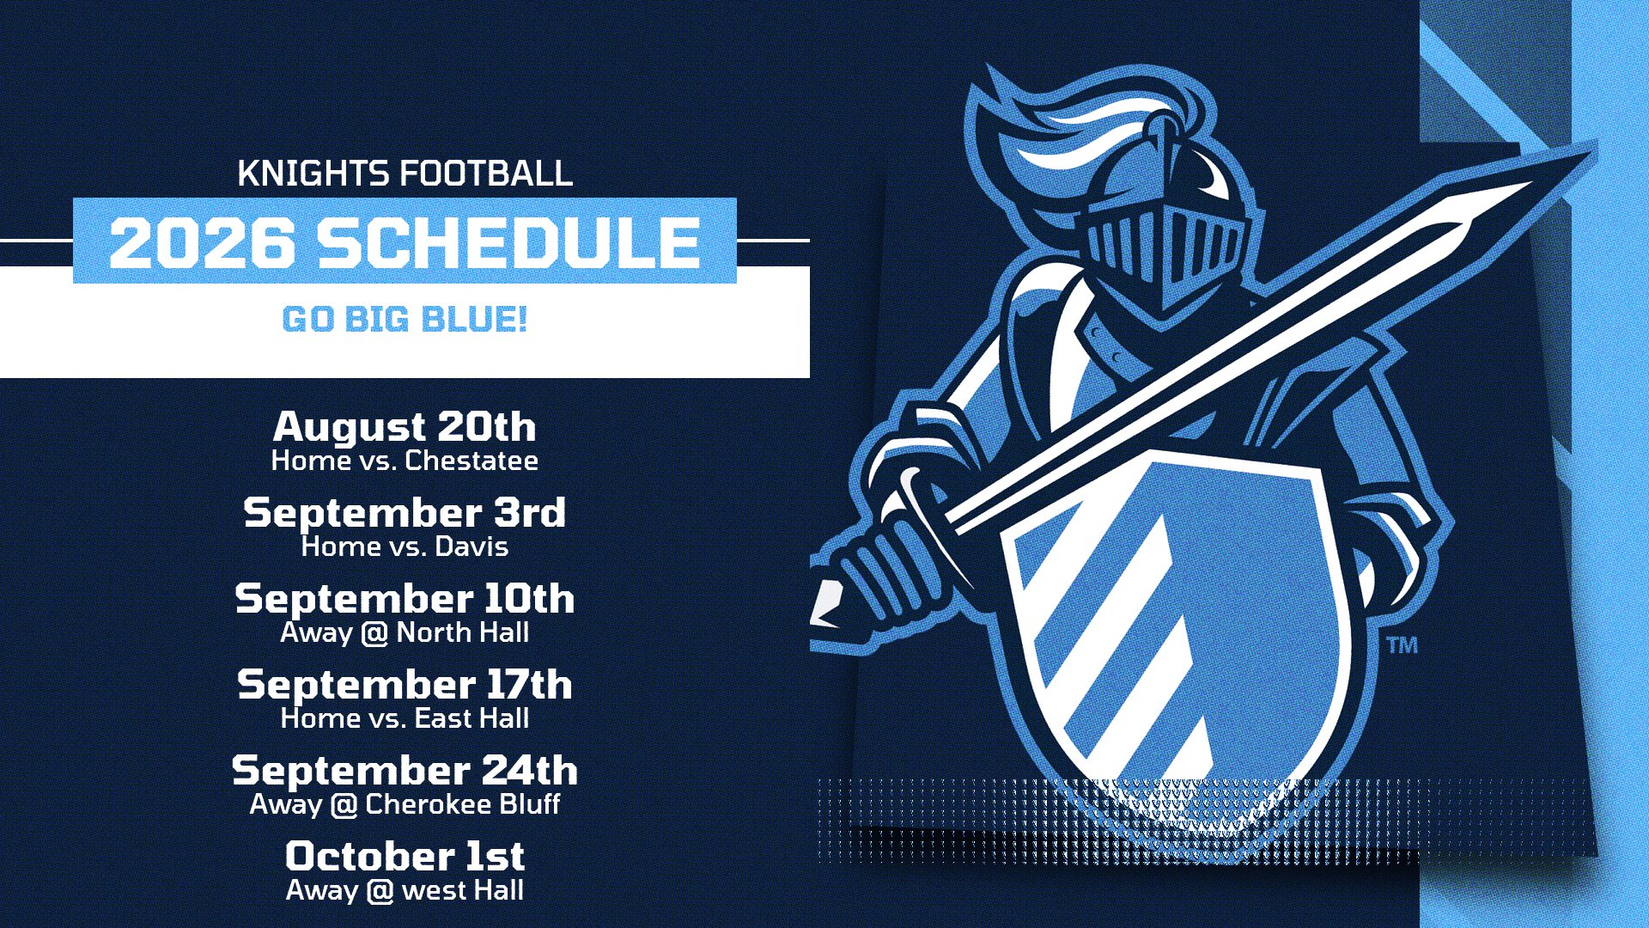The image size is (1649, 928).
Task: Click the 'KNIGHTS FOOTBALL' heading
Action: tap(405, 174)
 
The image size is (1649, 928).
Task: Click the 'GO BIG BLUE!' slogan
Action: tap(405, 320)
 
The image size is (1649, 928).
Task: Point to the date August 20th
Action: tap(405, 426)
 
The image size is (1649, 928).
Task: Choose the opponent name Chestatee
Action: tap(472, 461)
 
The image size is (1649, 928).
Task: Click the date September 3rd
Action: tap(405, 513)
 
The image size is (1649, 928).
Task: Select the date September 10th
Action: tap(405, 598)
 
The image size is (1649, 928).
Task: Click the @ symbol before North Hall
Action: tap(374, 633)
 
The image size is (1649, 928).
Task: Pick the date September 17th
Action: tap(405, 684)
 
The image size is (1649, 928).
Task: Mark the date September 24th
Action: tap(405, 771)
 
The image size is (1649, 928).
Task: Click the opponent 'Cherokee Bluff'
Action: tap(463, 804)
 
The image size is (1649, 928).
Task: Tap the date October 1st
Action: tap(405, 856)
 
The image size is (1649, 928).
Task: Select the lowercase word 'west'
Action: tap(435, 891)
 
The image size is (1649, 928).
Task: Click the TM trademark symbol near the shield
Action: tap(1402, 644)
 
